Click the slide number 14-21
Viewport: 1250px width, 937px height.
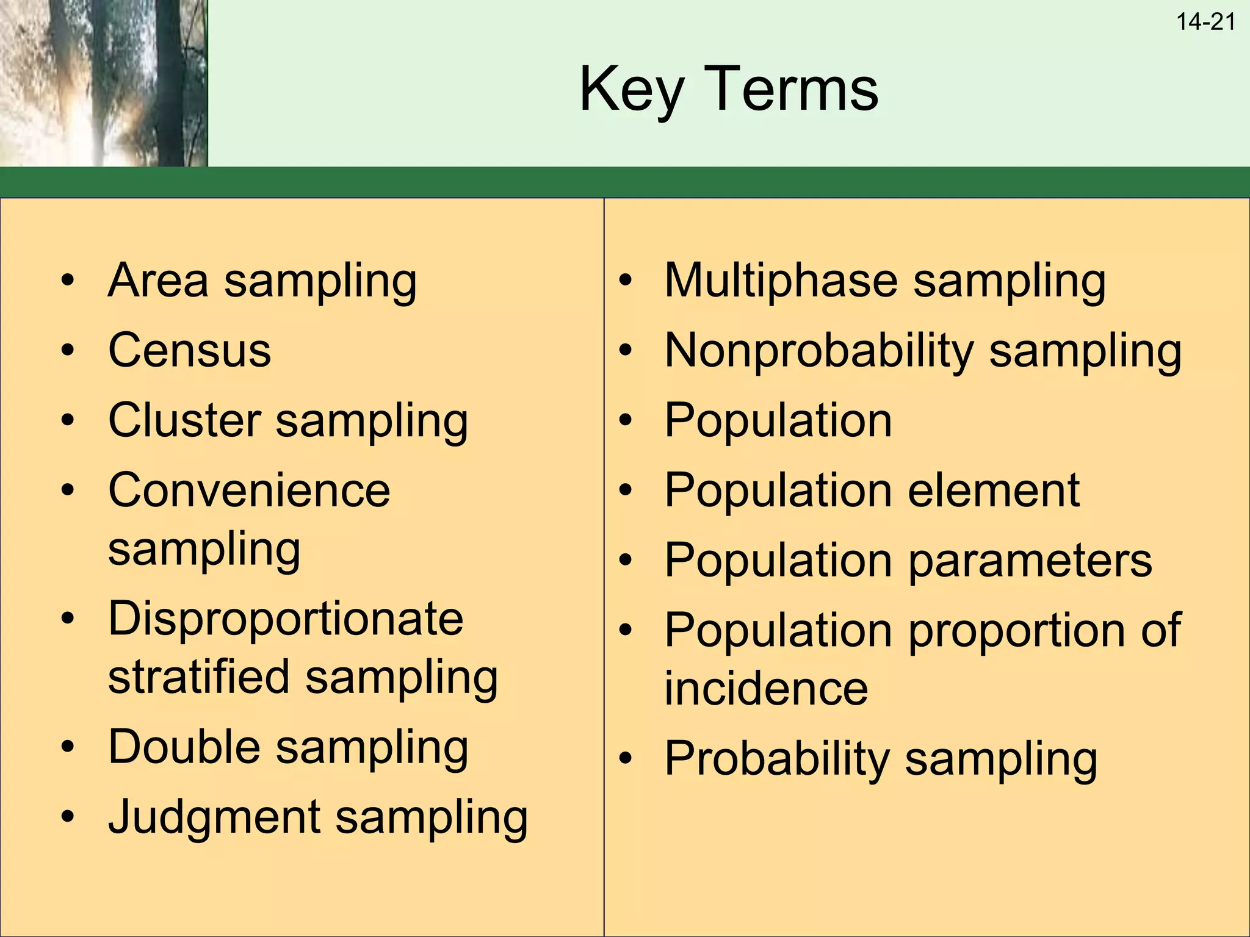pos(1205,23)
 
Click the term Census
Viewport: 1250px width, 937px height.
pos(189,351)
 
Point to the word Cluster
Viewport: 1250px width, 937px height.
pos(184,420)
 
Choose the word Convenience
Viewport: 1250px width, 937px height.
pos(249,490)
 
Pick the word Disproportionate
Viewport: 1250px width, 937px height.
pos(285,619)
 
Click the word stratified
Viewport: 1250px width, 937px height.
pos(198,677)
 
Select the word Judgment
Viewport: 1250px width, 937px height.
pos(214,817)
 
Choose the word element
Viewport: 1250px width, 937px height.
pos(994,490)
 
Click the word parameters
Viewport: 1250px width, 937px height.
pos(1030,561)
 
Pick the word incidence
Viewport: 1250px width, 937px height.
pos(766,689)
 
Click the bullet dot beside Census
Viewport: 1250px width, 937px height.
pos(68,351)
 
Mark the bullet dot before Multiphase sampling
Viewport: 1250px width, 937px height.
pos(625,281)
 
